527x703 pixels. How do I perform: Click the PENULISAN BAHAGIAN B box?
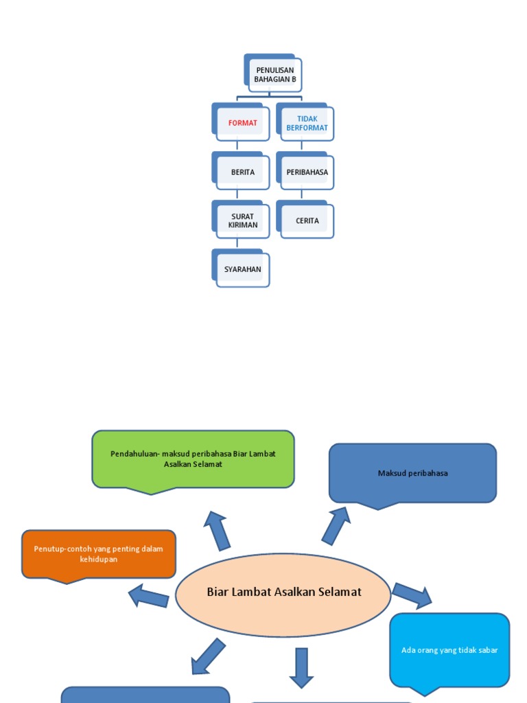click(x=274, y=75)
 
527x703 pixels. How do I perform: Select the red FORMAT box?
click(x=242, y=124)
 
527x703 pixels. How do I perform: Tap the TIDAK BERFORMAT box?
click(x=307, y=124)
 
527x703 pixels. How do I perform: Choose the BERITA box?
click(x=242, y=172)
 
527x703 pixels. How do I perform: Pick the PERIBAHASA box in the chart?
click(x=307, y=172)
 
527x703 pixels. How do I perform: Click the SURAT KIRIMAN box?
click(x=242, y=220)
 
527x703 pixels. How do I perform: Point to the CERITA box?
click(x=307, y=220)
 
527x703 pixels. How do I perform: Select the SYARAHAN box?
click(x=242, y=269)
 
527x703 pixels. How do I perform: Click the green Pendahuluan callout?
click(x=193, y=459)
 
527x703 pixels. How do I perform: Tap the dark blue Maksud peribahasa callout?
click(x=412, y=473)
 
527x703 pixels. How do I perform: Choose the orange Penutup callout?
click(x=99, y=554)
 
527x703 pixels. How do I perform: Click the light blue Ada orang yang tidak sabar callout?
click(x=449, y=649)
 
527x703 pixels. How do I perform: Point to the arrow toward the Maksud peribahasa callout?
click(x=336, y=525)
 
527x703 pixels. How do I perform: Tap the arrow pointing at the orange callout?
click(x=149, y=596)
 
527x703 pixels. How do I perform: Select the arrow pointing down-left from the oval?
click(x=208, y=656)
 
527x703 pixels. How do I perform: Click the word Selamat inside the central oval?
click(x=339, y=592)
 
